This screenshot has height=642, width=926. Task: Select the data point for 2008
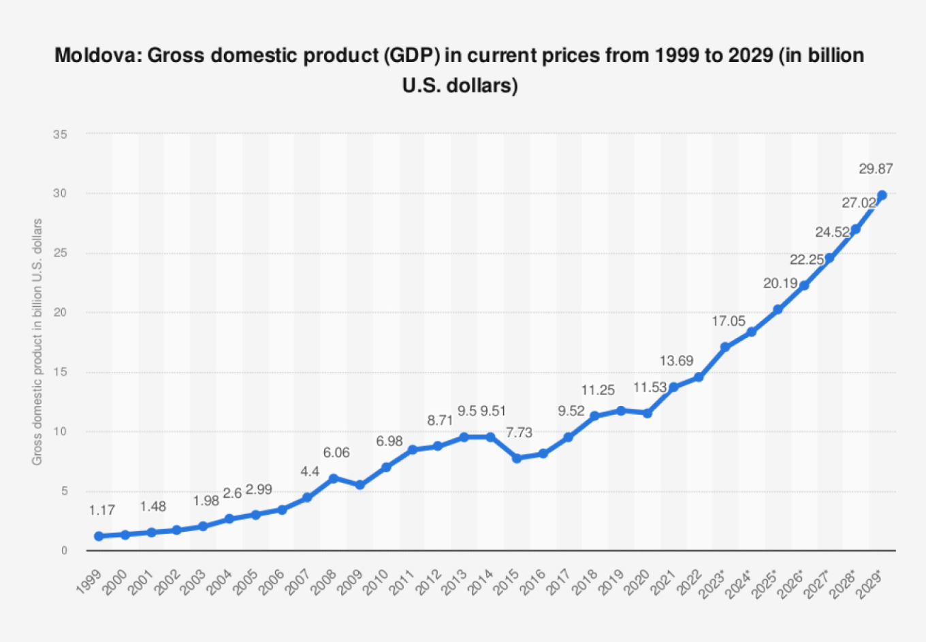pyautogui.click(x=334, y=479)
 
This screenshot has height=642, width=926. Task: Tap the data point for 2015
pyautogui.click(x=517, y=458)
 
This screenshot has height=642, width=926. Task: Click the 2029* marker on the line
pyautogui.click(x=882, y=195)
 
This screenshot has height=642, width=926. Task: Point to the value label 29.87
pyautogui.click(x=876, y=169)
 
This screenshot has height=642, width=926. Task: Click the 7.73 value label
pyautogui.click(x=519, y=433)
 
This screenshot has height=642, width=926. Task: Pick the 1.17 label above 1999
pyautogui.click(x=102, y=510)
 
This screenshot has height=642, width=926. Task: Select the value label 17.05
pyautogui.click(x=729, y=321)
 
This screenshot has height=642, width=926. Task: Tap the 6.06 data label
pyautogui.click(x=336, y=453)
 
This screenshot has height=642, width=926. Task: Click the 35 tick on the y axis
pyautogui.click(x=61, y=135)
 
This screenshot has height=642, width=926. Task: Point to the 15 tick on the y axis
pyautogui.click(x=61, y=372)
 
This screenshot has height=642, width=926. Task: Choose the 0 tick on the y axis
pyautogui.click(x=64, y=550)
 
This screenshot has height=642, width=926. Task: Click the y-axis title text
pyautogui.click(x=37, y=341)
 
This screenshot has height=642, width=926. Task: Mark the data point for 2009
pyautogui.click(x=360, y=485)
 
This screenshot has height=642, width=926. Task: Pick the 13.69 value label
pyautogui.click(x=676, y=361)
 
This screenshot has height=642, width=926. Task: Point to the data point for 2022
pyautogui.click(x=699, y=377)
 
